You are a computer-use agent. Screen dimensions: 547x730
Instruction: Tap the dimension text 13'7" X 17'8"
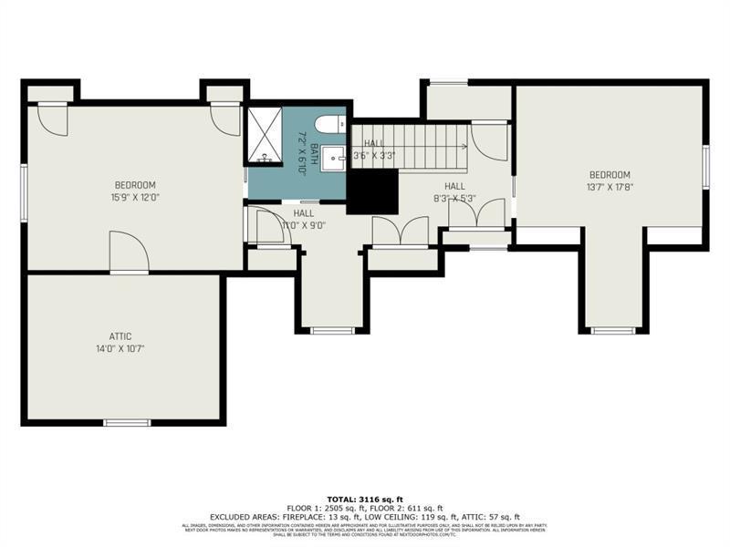pos(610,187)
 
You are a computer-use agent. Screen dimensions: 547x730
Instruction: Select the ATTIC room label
pos(120,336)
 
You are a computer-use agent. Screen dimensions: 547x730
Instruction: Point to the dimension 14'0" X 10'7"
pos(120,348)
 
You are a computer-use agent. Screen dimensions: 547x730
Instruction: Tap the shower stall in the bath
pos(264,137)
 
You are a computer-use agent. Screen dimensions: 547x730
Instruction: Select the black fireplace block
pos(373,192)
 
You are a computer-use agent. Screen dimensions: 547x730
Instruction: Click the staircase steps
pos(420,146)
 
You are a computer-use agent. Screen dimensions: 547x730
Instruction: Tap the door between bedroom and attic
pos(127,253)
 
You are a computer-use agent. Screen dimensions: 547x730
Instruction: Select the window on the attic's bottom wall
pos(126,422)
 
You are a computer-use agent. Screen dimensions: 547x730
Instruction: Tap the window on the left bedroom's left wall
pos(25,191)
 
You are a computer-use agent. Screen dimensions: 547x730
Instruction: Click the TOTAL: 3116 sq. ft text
pos(364,500)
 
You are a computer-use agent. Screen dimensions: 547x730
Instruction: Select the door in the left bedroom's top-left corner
pos(53,119)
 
